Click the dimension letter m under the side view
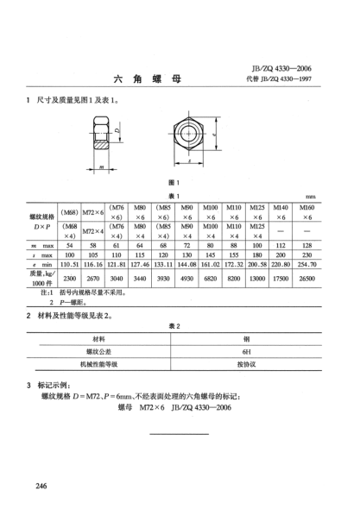[x=102, y=166]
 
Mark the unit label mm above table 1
[x=335, y=194]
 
